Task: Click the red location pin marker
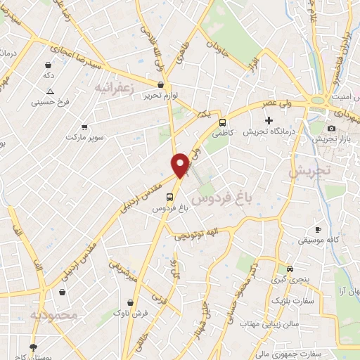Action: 181,165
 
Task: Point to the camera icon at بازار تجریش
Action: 331,128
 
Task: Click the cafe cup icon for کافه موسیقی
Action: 318,230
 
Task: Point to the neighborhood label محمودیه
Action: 53,315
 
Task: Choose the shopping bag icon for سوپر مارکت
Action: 84,127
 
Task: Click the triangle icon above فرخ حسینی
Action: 50,91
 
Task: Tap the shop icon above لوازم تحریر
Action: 161,84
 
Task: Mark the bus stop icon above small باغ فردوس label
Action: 168,197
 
